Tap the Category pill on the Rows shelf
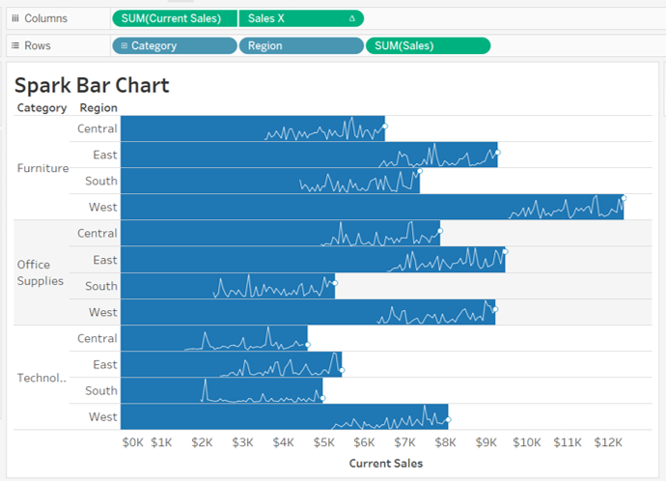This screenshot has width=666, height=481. [175, 45]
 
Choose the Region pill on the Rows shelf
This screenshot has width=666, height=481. [300, 45]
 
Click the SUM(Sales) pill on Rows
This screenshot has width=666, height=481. [428, 45]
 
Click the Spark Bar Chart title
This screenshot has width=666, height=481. [92, 85]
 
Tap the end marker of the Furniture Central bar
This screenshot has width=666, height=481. [384, 126]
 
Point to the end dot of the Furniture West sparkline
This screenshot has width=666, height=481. [624, 197]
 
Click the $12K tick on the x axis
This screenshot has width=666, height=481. [608, 442]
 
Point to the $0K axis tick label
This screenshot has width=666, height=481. [132, 442]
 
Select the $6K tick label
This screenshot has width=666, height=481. [364, 442]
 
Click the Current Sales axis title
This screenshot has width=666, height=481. [385, 464]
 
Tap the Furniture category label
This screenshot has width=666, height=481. [43, 168]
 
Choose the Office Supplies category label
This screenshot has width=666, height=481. [41, 272]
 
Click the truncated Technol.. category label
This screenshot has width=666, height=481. [42, 378]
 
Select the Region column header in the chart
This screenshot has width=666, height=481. [98, 108]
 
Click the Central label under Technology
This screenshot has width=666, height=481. [97, 339]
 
